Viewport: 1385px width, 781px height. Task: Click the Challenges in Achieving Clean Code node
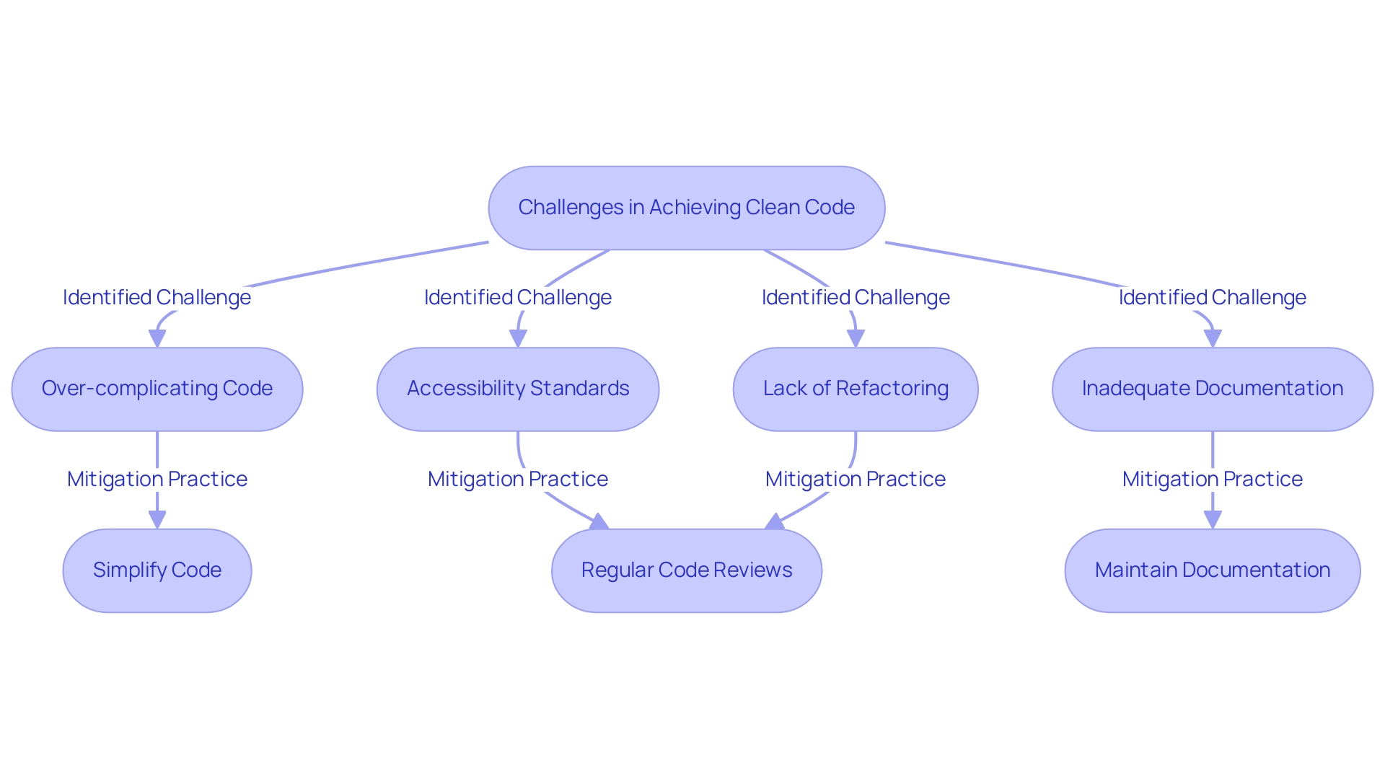[x=686, y=208]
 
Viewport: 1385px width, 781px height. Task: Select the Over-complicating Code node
[x=157, y=389]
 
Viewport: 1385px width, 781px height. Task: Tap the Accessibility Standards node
[x=518, y=389]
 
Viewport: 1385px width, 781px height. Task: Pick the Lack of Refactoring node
[x=856, y=389]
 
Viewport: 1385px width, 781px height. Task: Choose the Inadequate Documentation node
[x=1212, y=389]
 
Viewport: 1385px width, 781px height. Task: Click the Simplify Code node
[x=157, y=570]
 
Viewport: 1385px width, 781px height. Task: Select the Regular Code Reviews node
[x=686, y=570]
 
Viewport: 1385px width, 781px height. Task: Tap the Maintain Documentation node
[x=1212, y=570]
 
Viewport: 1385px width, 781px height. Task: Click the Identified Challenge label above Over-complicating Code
[x=157, y=297]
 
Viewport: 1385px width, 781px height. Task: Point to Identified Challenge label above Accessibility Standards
[x=518, y=297]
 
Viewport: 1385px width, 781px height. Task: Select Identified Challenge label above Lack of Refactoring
[x=856, y=297]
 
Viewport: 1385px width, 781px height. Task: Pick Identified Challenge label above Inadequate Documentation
[x=1212, y=297]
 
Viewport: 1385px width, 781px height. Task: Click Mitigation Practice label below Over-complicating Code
[x=157, y=479]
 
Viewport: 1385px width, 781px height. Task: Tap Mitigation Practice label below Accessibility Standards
[x=518, y=479]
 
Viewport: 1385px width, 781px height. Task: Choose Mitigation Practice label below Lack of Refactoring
[x=856, y=479]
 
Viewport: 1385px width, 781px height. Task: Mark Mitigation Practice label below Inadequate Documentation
[x=1212, y=479]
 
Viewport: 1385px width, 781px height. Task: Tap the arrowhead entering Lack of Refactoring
[x=856, y=338]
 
